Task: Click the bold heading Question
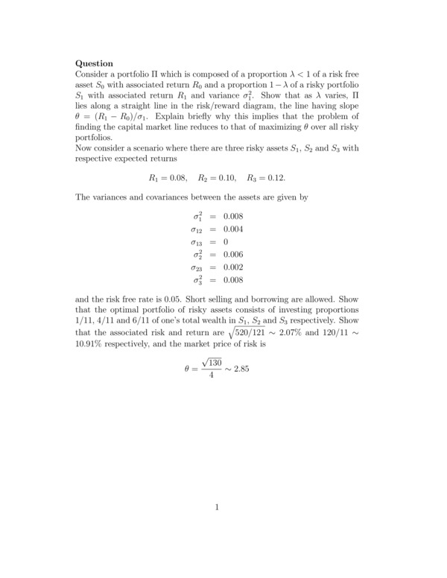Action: tap(95, 64)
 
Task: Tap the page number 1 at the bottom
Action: tap(217, 508)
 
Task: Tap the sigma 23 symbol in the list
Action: tap(197, 268)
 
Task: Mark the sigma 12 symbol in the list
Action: tap(197, 230)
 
